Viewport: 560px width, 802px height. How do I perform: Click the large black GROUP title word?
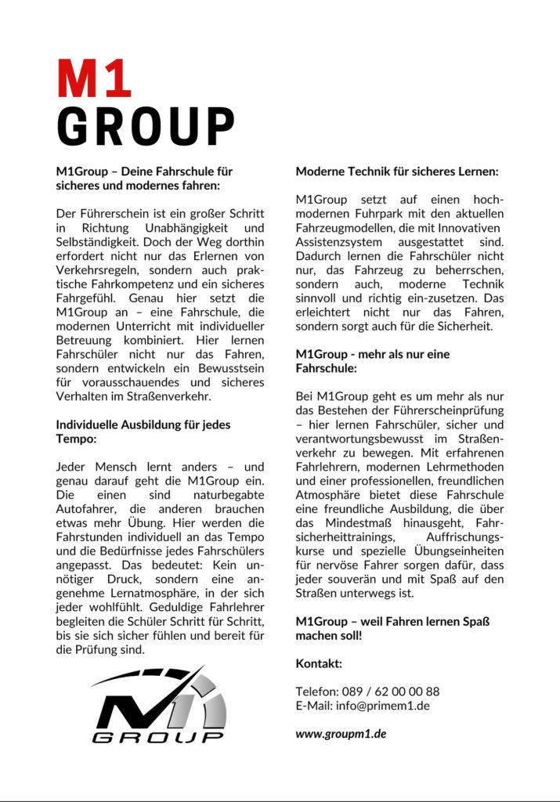(x=146, y=126)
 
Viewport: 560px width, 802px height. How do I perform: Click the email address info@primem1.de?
(x=384, y=705)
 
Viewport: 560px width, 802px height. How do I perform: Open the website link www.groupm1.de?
(x=341, y=734)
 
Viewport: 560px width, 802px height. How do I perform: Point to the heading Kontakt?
(x=319, y=663)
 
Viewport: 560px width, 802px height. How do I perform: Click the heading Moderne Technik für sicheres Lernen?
(x=397, y=171)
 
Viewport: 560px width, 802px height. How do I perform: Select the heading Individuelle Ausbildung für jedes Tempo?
(x=143, y=432)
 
